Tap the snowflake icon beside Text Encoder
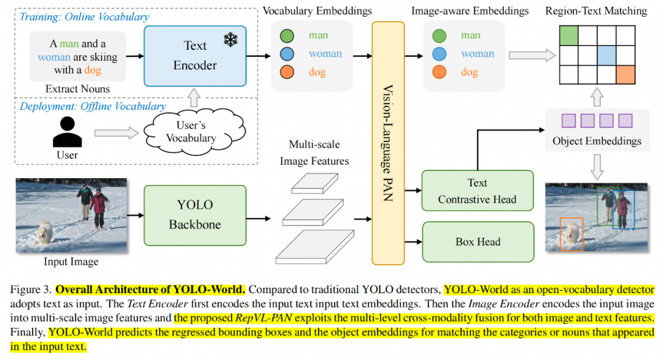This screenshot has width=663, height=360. point(230,41)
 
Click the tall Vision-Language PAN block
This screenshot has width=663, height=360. point(388,143)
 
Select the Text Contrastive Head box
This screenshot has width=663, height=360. point(477,190)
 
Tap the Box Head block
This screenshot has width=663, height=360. point(477,241)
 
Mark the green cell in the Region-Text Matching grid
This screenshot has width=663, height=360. point(568,36)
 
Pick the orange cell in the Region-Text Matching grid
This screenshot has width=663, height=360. point(625,74)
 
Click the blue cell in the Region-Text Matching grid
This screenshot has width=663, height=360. point(606,55)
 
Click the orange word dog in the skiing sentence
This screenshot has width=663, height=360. point(93,70)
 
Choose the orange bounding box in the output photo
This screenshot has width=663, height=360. point(571,234)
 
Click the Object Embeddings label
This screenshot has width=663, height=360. point(597,141)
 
